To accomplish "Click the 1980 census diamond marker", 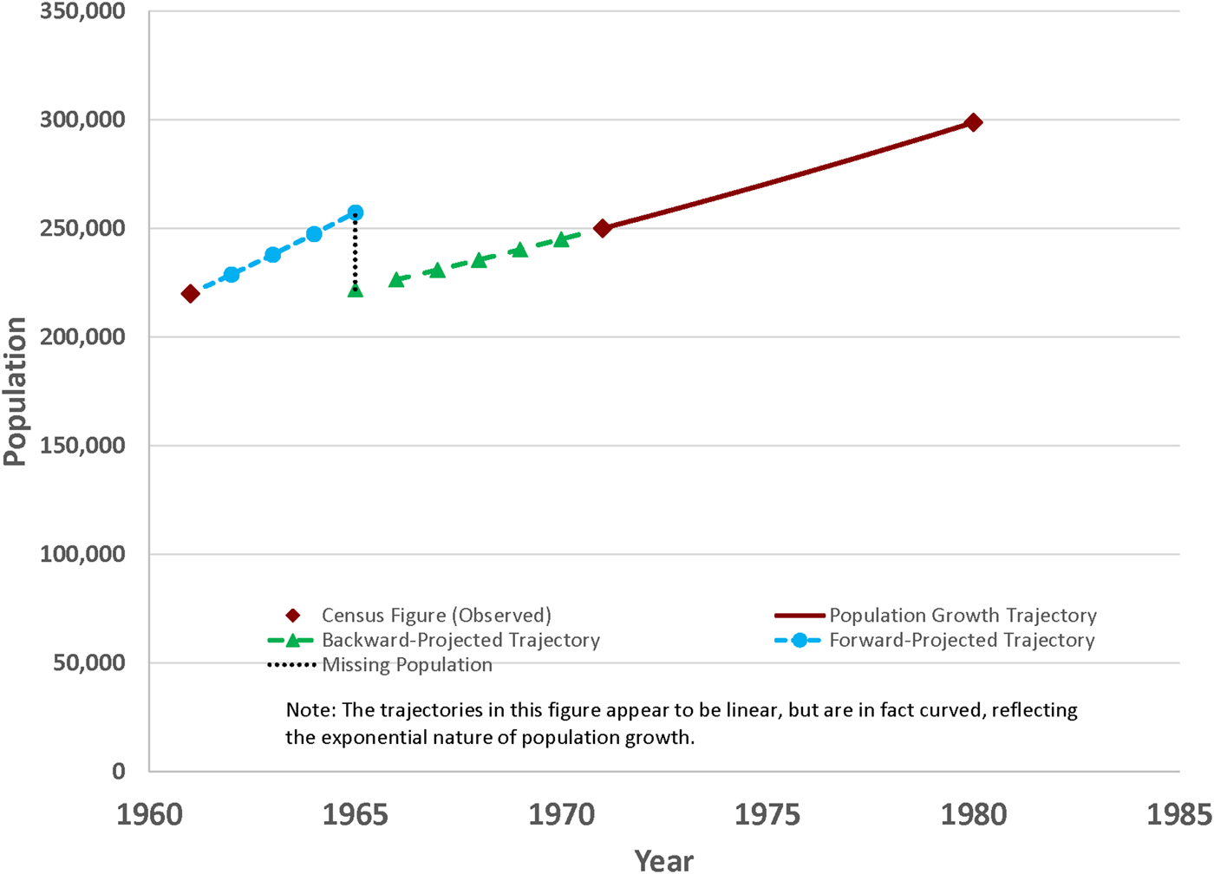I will point(974,122).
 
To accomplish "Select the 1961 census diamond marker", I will point(190,294).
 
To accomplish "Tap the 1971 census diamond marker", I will point(603,228).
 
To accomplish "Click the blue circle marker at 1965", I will point(355,212).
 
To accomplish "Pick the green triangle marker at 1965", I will point(355,290).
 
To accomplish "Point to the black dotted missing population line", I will point(355,251).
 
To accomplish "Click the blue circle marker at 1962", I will point(232,274).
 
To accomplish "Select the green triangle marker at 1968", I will point(479,260).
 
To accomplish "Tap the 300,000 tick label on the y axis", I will point(82,120).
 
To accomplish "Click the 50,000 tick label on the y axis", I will point(89,662).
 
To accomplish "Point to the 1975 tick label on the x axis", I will point(767,815).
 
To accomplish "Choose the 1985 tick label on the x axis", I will point(1178,815).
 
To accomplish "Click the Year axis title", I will point(664,860).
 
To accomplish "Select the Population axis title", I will point(16,392).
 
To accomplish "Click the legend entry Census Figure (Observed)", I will point(435,616).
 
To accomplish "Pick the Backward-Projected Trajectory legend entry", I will point(460,641).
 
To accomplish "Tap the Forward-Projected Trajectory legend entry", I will point(961,641).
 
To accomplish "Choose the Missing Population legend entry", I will point(406,665).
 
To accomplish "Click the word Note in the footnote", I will point(309,710).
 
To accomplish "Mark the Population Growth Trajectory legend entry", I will point(962,616).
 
